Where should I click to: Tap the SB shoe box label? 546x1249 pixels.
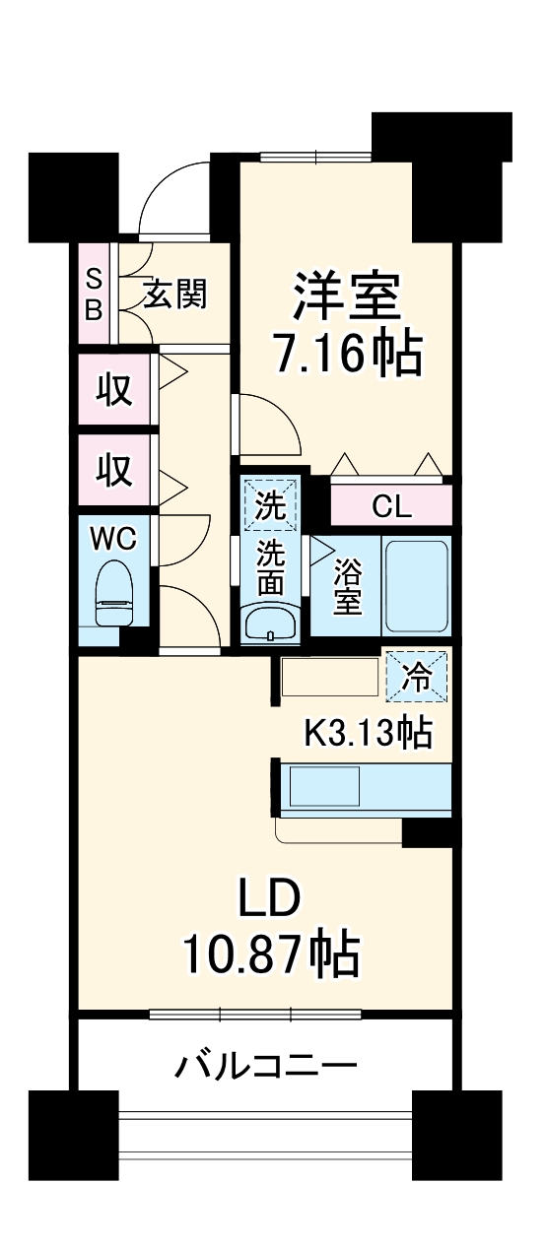pos(93,293)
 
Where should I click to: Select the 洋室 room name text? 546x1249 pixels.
pos(346,294)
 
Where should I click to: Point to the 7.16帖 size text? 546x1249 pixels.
pos(346,353)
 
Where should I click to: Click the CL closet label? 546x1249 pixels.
pos(391,507)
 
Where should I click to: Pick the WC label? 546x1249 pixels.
pos(113,539)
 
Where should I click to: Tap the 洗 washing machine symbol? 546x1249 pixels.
pos(269,504)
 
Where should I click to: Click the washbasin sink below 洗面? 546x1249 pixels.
pos(269,624)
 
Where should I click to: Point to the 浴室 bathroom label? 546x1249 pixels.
pos(346,587)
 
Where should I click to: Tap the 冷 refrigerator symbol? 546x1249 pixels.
pos(416,678)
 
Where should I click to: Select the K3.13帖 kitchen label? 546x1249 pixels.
pos(366,732)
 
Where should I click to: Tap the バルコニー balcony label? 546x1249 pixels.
pos(266,1065)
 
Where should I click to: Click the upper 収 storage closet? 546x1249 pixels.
pos(114,391)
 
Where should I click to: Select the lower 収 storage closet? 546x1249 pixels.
pos(114,471)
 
